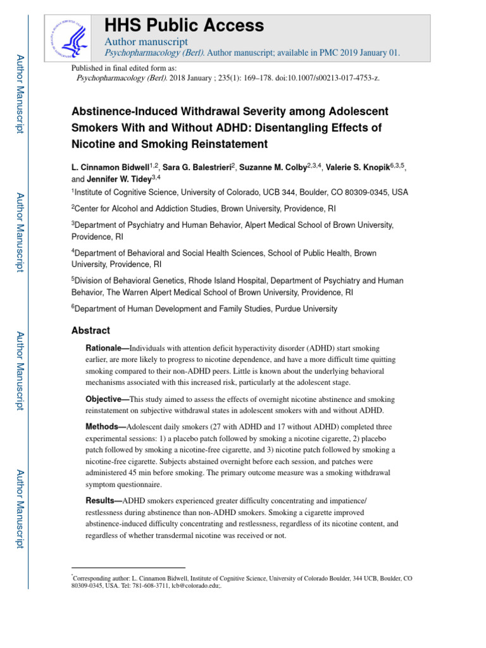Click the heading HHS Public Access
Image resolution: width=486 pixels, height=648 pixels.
(x=184, y=25)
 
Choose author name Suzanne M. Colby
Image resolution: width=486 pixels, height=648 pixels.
(x=277, y=167)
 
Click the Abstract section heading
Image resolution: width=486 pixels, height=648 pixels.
(x=90, y=330)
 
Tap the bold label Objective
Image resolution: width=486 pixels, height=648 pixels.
(x=104, y=399)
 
